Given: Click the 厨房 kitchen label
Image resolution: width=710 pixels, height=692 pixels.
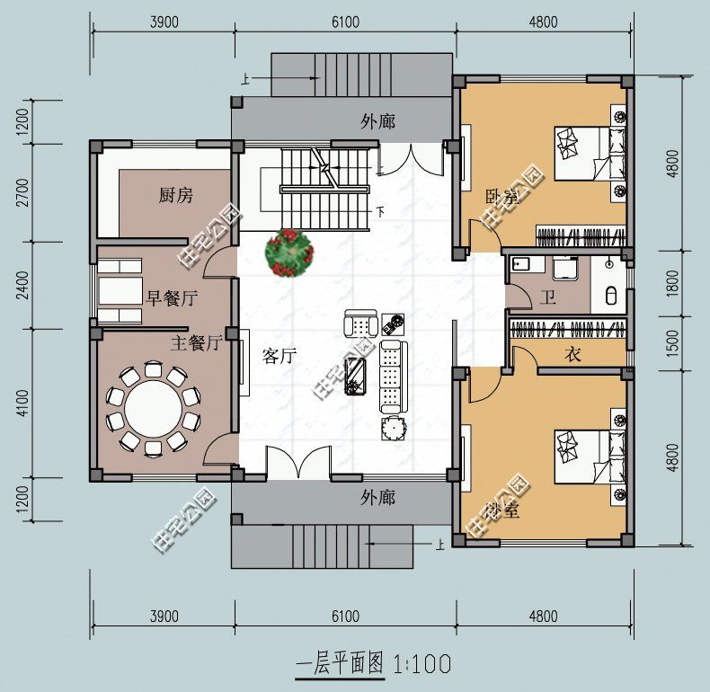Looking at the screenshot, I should pyautogui.click(x=175, y=196).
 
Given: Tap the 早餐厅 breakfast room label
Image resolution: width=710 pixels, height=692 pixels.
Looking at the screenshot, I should pyautogui.click(x=172, y=298).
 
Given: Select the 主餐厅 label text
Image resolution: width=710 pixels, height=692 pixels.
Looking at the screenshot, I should pyautogui.click(x=196, y=342).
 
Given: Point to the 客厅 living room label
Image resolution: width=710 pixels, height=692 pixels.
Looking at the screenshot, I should pyautogui.click(x=280, y=356).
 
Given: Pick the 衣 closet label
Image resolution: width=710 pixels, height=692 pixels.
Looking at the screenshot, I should pyautogui.click(x=572, y=354).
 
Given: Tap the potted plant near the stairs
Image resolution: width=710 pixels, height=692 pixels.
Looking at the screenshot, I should pyautogui.click(x=289, y=253).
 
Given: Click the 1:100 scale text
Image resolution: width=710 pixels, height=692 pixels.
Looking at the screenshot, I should pyautogui.click(x=422, y=665).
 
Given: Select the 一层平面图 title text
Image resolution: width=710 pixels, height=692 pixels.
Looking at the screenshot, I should pyautogui.click(x=340, y=665).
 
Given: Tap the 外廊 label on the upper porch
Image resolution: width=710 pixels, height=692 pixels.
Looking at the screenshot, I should pyautogui.click(x=377, y=121).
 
